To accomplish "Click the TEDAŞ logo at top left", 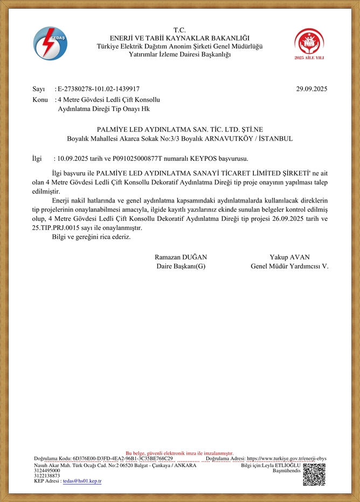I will coord(51,44).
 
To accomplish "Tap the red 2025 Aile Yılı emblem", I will coord(309,43).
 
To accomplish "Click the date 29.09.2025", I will coord(311,89).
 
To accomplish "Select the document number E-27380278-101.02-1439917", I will coord(99,89).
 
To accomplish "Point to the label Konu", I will coord(40,100).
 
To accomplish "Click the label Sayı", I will coord(38,89).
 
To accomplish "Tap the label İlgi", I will coord(37,158).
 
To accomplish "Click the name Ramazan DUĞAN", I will coord(181,257).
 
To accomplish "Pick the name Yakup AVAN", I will coord(289,257).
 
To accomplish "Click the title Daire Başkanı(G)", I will coord(181,266).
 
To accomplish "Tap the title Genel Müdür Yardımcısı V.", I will coord(289,266).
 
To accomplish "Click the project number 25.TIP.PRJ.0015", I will coord(57,228).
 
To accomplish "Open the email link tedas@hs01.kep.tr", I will coord(82,481).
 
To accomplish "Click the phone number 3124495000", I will coord(47,470).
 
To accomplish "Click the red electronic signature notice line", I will coord(179,454).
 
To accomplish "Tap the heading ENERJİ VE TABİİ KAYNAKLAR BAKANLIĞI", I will coord(179,38).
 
